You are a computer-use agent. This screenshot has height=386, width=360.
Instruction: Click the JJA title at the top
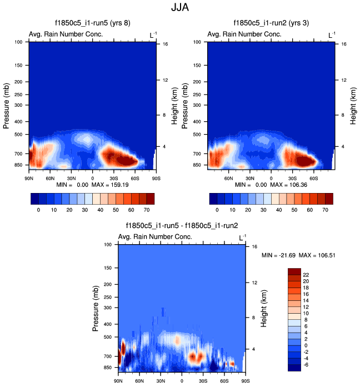[x=179, y=9]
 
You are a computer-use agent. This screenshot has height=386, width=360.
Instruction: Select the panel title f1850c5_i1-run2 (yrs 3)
[x=271, y=23]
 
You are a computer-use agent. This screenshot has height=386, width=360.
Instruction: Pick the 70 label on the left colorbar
[x=146, y=211]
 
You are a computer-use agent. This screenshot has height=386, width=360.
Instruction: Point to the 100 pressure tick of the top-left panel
[x=18, y=42]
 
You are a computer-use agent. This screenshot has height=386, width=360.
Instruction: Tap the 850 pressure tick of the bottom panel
[x=108, y=368]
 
